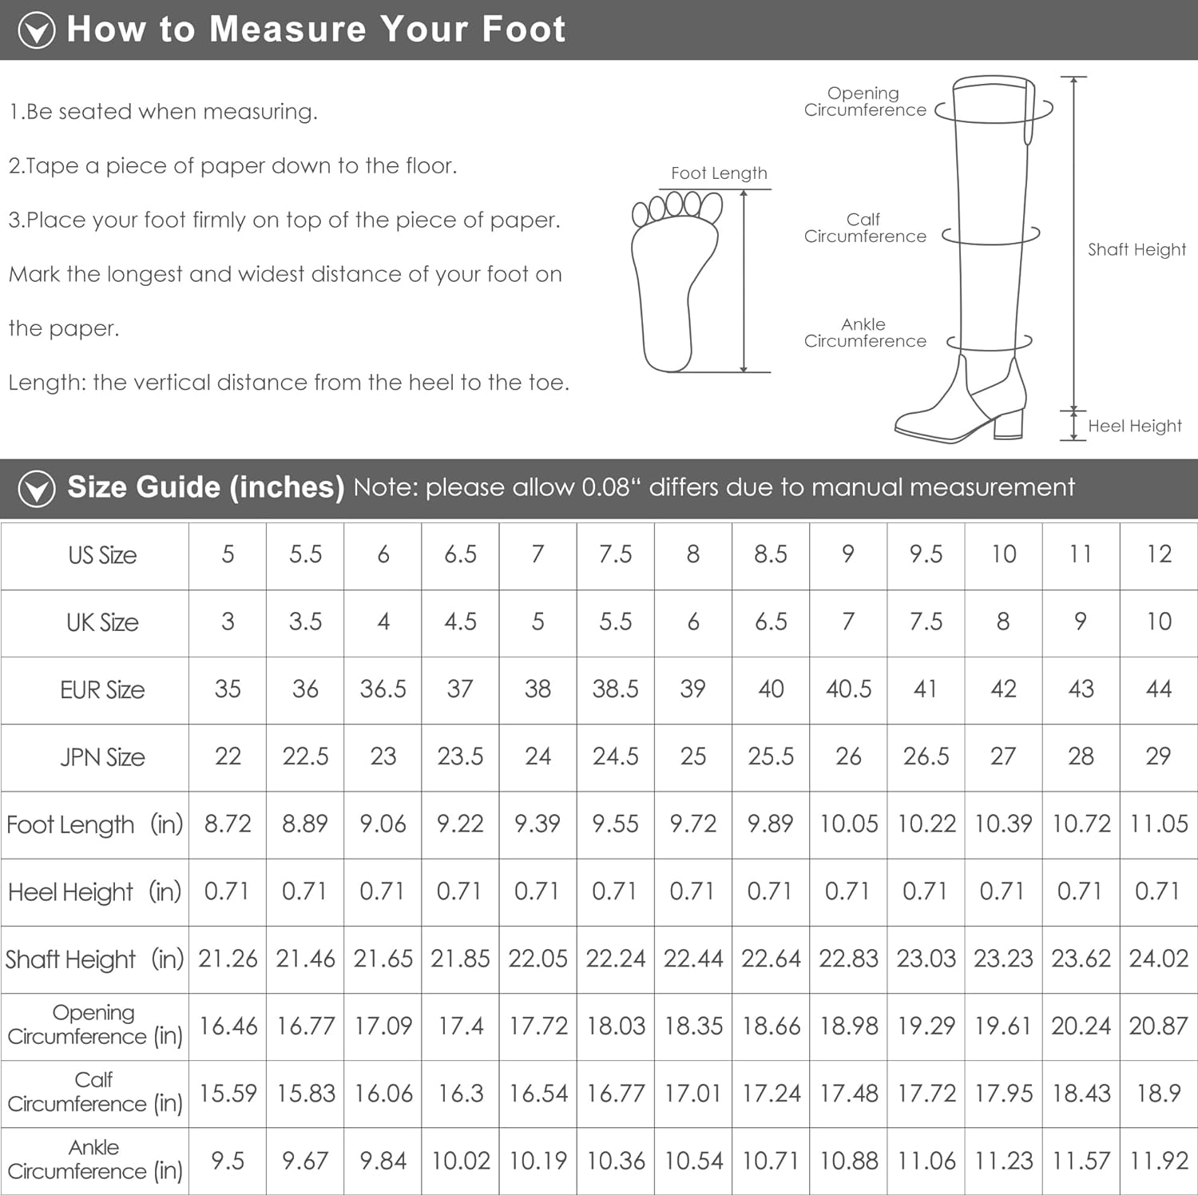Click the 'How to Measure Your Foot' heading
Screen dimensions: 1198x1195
(316, 30)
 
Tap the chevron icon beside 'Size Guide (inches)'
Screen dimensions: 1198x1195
(37, 488)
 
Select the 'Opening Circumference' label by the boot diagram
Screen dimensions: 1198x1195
(864, 101)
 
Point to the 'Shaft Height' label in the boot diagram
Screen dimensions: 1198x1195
(1137, 249)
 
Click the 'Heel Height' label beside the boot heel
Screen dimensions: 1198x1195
(1134, 426)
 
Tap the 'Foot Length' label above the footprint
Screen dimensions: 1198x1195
(719, 173)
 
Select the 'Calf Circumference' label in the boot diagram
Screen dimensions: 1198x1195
(865, 228)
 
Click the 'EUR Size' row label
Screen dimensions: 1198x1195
(102, 689)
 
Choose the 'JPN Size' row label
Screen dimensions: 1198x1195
(102, 756)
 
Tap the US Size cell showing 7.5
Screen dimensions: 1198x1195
(615, 554)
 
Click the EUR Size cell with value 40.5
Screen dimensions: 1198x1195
(848, 689)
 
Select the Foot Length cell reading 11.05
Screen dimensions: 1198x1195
(1159, 824)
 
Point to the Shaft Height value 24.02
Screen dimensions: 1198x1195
(1159, 958)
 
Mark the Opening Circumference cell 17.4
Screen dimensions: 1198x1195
(461, 1025)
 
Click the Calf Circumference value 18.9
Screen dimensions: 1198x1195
(1159, 1093)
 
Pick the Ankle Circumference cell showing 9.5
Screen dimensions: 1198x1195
(228, 1160)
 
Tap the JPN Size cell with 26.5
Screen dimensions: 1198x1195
(926, 756)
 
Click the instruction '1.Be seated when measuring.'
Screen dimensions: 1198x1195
(163, 112)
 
